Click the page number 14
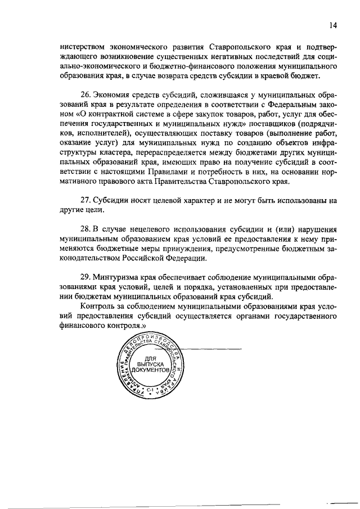[333, 25]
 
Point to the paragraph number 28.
[85, 230]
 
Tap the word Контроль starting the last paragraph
[98, 306]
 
